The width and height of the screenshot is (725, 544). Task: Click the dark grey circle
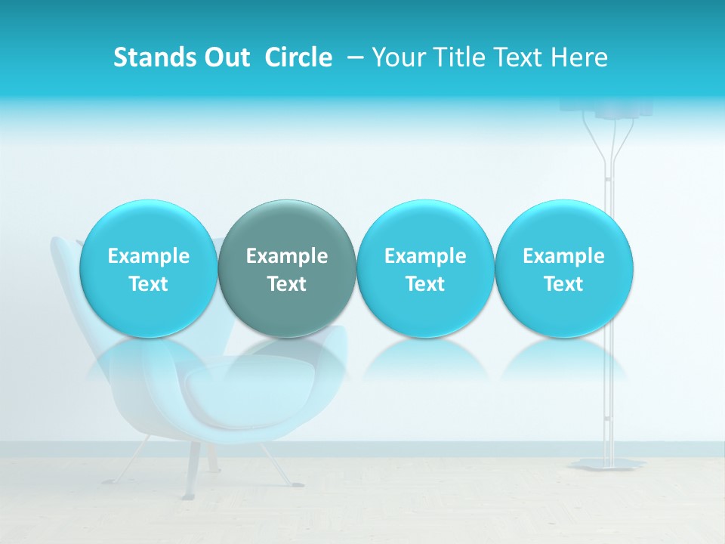(x=287, y=268)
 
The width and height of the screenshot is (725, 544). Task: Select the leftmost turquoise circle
(x=148, y=268)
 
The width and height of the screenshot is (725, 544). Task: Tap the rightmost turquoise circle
(x=564, y=268)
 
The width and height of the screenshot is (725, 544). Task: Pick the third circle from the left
(x=425, y=268)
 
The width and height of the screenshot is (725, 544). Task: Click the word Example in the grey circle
(x=287, y=256)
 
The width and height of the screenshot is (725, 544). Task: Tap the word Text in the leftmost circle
(x=148, y=284)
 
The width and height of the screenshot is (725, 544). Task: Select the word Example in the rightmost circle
(x=564, y=256)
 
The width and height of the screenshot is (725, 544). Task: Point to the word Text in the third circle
(x=425, y=284)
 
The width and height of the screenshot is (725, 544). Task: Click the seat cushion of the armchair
(x=227, y=397)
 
